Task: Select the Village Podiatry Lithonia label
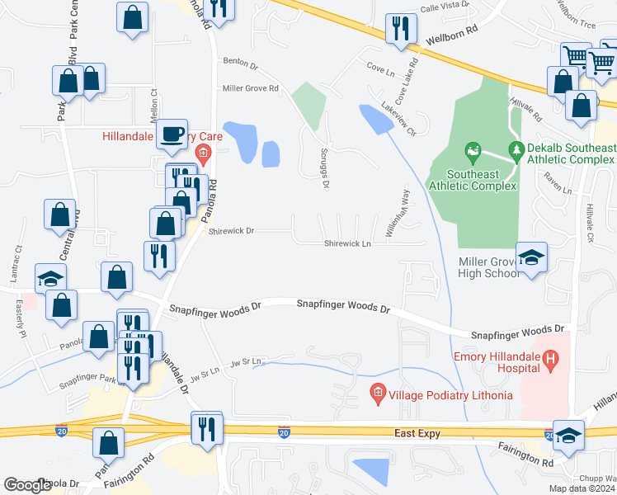(x=452, y=395)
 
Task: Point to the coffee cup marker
(x=172, y=134)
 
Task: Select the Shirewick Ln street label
(x=347, y=243)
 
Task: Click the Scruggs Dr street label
(x=325, y=172)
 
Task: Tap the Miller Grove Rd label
(x=251, y=88)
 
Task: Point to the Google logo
(x=28, y=485)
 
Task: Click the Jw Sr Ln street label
(x=246, y=361)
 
